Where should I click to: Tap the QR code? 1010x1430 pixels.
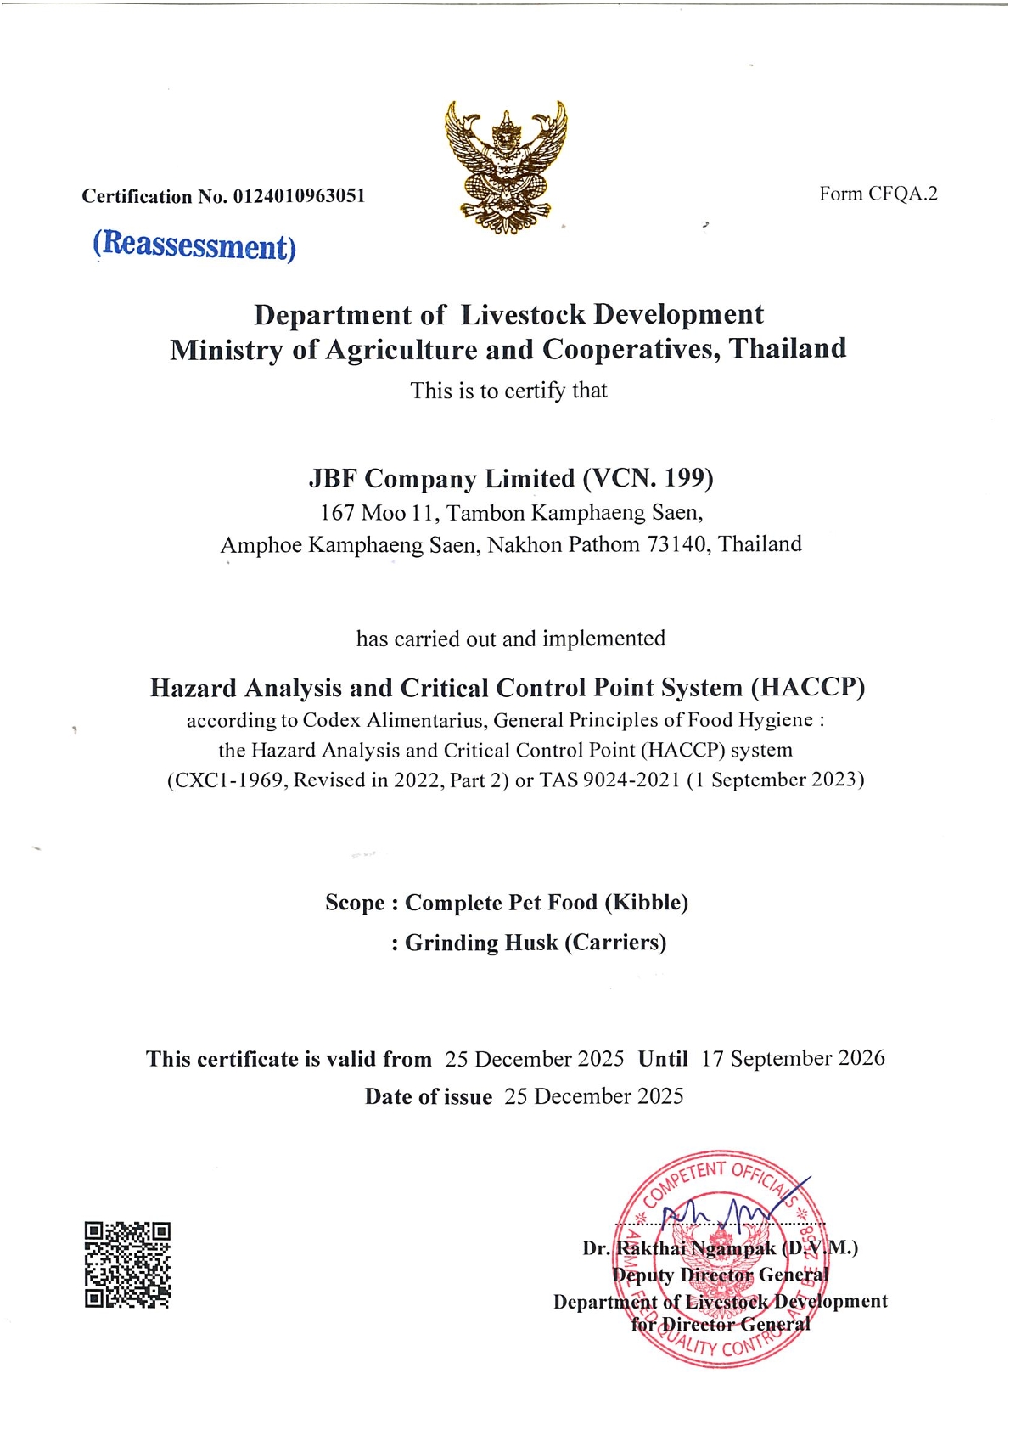[127, 1264]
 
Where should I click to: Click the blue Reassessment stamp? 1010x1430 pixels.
[194, 245]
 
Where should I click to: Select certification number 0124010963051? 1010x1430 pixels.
[299, 196]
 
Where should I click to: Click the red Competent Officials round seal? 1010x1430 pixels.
[720, 1258]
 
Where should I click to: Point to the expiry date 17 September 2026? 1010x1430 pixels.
[793, 1058]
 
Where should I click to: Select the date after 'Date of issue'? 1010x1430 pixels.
[593, 1096]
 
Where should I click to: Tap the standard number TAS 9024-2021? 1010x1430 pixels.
[609, 780]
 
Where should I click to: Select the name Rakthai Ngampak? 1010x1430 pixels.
[696, 1248]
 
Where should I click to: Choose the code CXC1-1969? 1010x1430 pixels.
[227, 780]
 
